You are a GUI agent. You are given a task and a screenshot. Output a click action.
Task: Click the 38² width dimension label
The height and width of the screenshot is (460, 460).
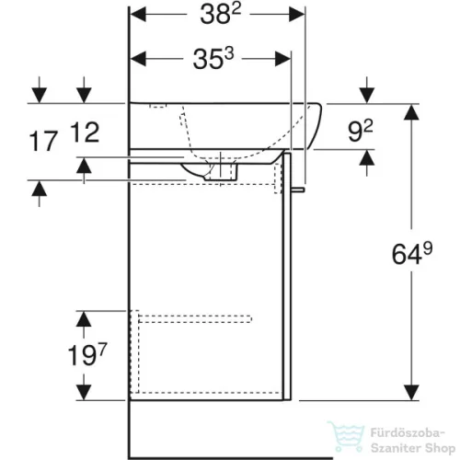click(x=220, y=14)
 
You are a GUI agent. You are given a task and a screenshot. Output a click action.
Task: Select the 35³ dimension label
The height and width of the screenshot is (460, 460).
click(x=213, y=58)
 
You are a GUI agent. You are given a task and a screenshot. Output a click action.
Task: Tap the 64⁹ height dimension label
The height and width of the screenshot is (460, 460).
click(x=412, y=253)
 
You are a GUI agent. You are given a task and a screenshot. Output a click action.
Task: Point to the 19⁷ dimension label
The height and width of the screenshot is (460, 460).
click(x=87, y=355)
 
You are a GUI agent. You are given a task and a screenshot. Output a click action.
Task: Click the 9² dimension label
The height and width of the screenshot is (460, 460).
click(x=361, y=131)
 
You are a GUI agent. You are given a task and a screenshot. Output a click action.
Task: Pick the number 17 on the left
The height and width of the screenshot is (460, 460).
click(x=43, y=141)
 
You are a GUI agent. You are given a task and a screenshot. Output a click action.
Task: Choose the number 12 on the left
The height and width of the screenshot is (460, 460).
click(x=85, y=132)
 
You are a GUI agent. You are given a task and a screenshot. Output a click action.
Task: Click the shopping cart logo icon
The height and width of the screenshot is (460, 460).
click(x=346, y=436)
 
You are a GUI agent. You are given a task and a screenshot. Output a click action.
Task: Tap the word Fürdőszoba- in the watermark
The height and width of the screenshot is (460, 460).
click(x=408, y=433)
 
